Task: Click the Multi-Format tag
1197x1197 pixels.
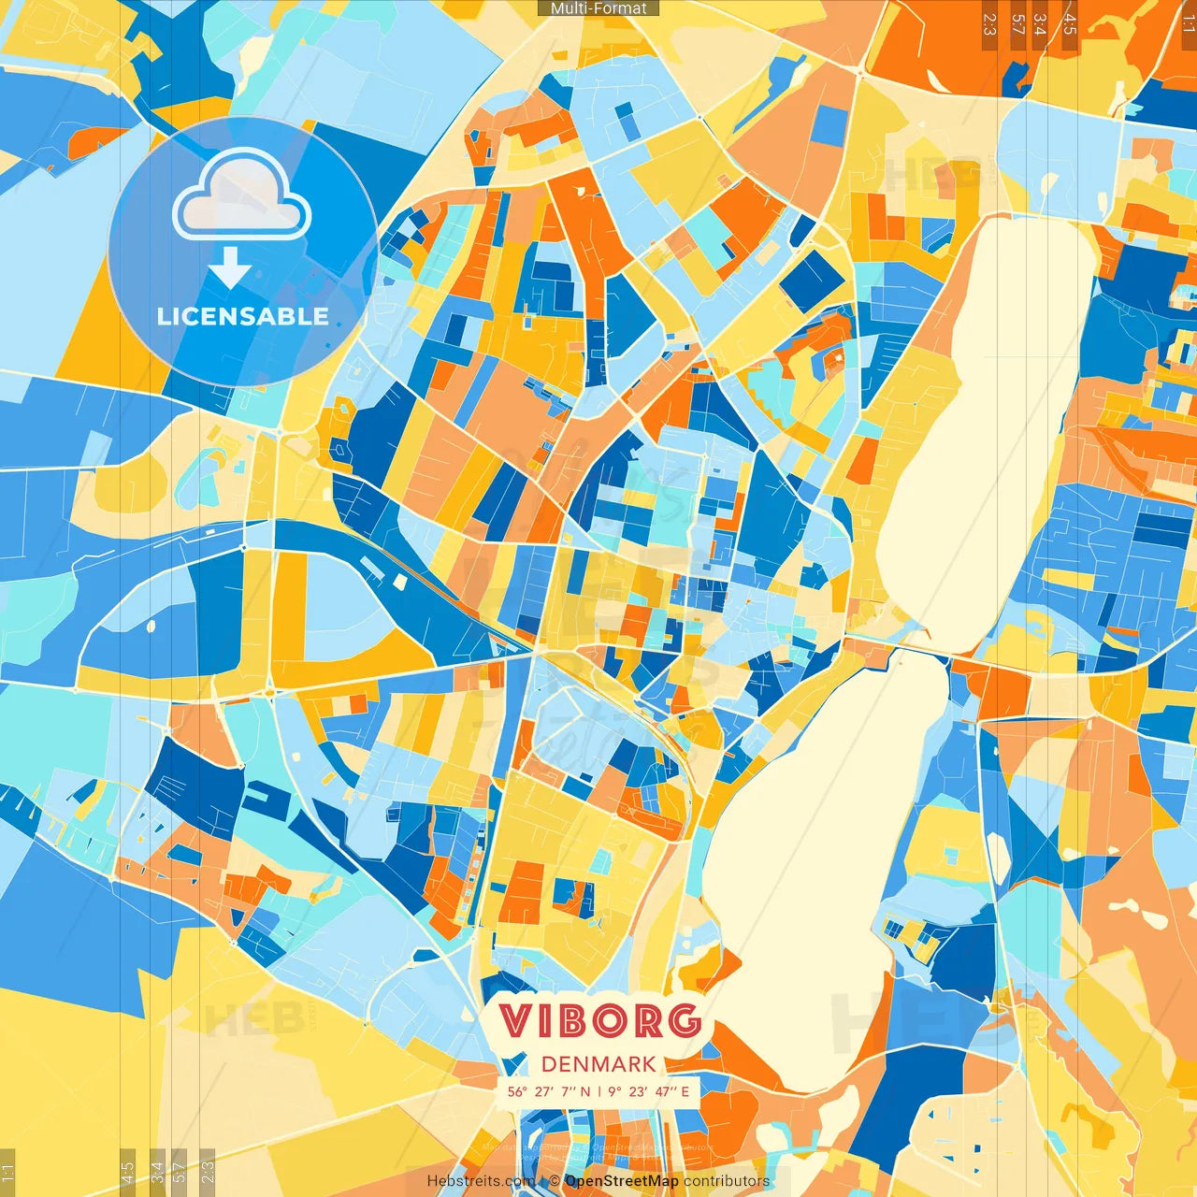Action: (x=598, y=8)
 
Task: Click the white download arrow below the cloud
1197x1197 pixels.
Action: (x=230, y=268)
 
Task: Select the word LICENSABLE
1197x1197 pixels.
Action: (x=243, y=316)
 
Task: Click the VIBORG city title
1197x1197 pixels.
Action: (x=599, y=1021)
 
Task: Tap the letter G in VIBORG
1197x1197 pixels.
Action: (x=685, y=1021)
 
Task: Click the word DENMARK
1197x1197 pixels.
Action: (x=598, y=1064)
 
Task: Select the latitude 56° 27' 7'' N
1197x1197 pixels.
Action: (x=549, y=1091)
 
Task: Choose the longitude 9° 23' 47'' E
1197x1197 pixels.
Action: (x=648, y=1091)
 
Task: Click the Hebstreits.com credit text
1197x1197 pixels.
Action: (x=481, y=1181)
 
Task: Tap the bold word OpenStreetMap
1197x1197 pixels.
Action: (x=622, y=1181)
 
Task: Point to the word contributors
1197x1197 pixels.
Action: (x=727, y=1181)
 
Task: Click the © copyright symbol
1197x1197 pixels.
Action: (x=555, y=1181)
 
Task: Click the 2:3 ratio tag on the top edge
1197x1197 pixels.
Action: (x=989, y=24)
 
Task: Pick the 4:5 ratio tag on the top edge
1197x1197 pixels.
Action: (x=1070, y=24)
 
